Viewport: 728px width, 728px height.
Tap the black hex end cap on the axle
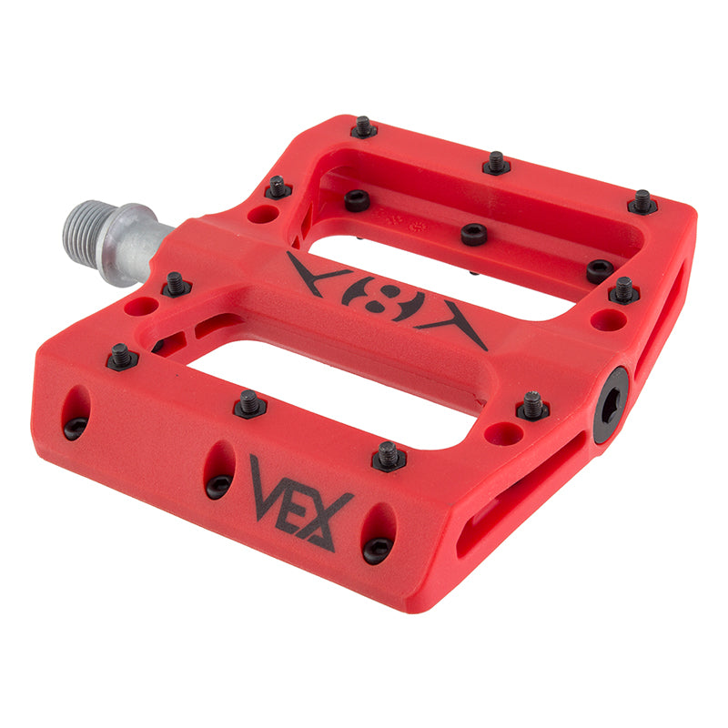click(x=611, y=405)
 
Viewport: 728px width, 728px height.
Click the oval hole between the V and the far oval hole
click(x=218, y=469)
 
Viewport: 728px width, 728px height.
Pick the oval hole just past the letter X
click(x=377, y=534)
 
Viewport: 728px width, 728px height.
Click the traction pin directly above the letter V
click(x=249, y=403)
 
